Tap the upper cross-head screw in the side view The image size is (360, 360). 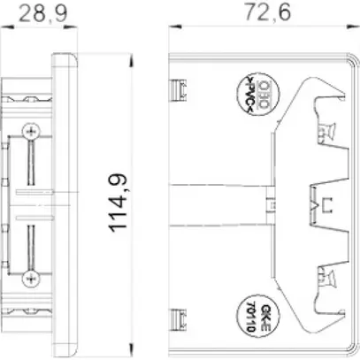(33, 132)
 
